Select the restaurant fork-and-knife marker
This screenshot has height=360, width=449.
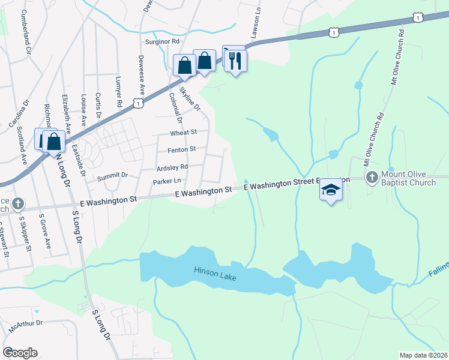click(235, 61)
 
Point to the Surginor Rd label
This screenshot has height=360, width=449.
click(162, 42)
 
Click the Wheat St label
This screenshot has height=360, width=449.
click(184, 132)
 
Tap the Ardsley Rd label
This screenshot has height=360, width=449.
click(172, 167)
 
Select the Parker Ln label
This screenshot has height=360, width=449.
click(167, 181)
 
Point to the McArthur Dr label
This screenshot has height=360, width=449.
click(26, 325)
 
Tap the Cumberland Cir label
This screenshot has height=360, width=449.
click(25, 31)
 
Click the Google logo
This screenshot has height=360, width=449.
click(20, 353)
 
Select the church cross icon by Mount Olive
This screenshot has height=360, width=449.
click(372, 177)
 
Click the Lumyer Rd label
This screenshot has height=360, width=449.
click(120, 94)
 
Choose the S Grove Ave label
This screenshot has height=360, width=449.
click(45, 230)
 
